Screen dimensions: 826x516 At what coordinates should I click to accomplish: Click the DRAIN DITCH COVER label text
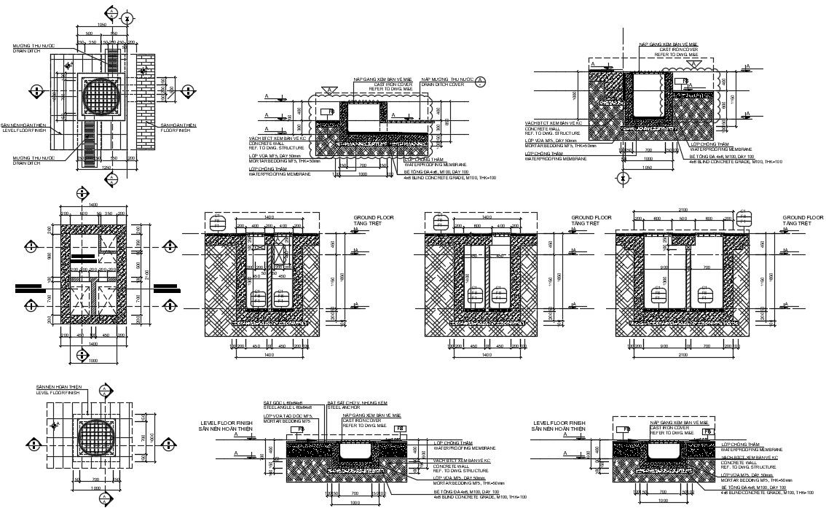pyautogui.click(x=447, y=85)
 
